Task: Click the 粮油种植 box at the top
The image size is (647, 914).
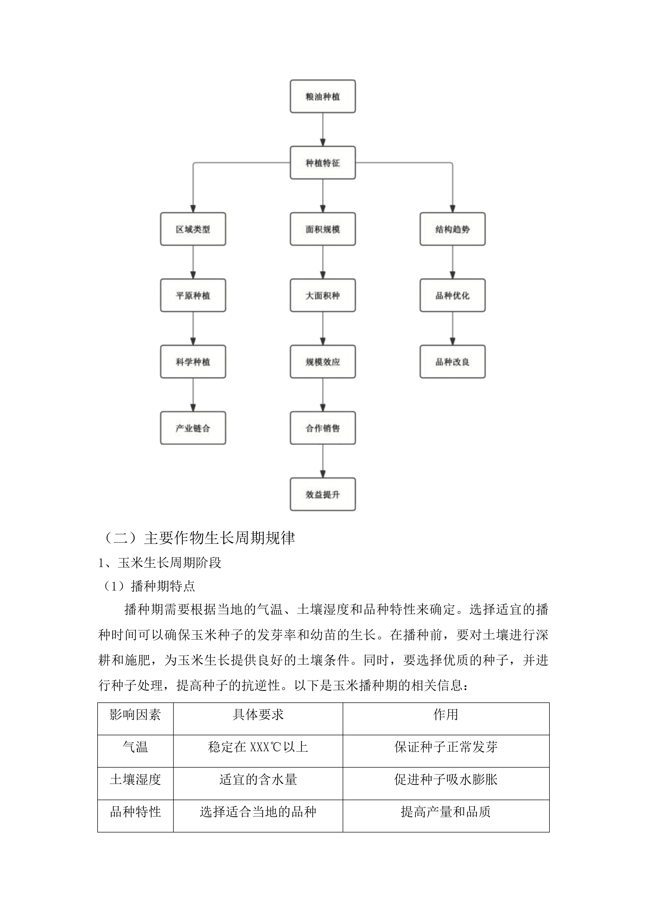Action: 323,96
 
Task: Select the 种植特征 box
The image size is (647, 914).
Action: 323,163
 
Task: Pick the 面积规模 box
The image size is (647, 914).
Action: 323,229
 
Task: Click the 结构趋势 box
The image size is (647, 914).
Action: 452,229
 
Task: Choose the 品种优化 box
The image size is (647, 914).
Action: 452,295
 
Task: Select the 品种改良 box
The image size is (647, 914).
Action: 452,362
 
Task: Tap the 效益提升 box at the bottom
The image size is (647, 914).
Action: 323,495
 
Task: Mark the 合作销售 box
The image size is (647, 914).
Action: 323,428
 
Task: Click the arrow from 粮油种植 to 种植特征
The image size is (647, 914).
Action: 323,129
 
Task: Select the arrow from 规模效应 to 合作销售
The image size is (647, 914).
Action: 323,395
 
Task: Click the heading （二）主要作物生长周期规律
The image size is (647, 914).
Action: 199,538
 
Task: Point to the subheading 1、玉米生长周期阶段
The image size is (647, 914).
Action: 160,563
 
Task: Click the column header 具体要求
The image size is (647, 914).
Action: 258,715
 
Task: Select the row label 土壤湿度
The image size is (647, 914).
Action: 135,780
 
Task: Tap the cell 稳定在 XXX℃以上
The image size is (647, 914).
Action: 258,747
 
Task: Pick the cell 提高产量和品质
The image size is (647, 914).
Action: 446,812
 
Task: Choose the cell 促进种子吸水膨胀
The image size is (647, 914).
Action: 446,780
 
